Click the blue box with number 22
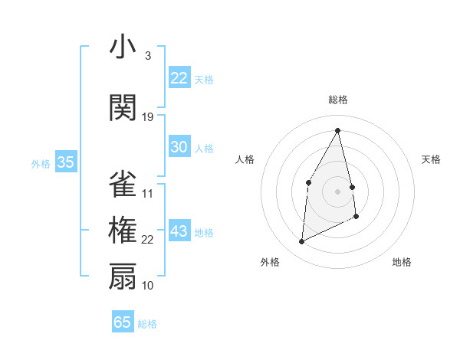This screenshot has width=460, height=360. (x=179, y=78)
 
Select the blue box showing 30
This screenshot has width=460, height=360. (x=179, y=147)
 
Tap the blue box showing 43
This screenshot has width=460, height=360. (x=179, y=232)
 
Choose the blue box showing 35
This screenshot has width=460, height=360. (x=65, y=162)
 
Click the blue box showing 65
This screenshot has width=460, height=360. (x=123, y=322)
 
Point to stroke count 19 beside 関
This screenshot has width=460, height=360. (x=148, y=117)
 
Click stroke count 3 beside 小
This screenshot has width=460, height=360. (x=147, y=56)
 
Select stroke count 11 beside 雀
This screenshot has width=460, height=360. (x=148, y=194)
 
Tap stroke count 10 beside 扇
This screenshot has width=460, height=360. (x=148, y=286)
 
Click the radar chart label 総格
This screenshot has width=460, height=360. (x=338, y=100)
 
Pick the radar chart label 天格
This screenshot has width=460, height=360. (x=432, y=159)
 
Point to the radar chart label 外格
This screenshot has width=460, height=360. (x=270, y=262)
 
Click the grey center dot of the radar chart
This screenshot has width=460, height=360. (x=338, y=191)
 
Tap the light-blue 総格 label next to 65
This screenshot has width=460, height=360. (x=148, y=324)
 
